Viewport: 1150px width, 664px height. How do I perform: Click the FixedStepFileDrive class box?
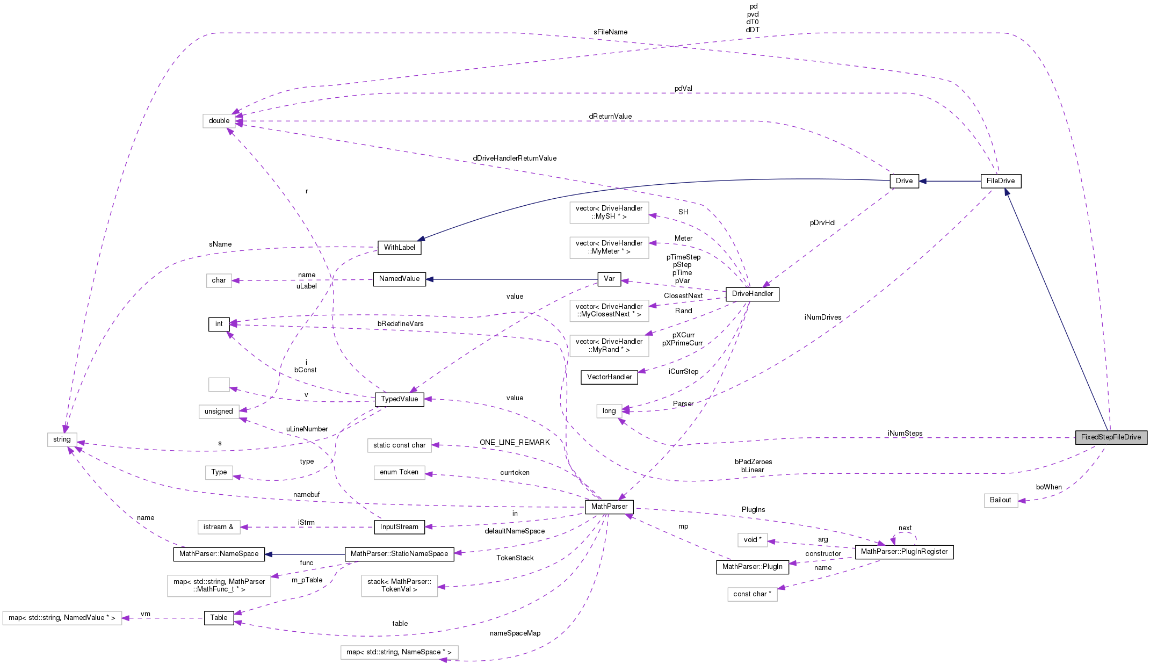pyautogui.click(x=1111, y=437)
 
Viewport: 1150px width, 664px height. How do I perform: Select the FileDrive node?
pyautogui.click(x=1000, y=181)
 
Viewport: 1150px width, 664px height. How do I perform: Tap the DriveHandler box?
pyautogui.click(x=752, y=294)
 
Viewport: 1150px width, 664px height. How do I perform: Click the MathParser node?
pyautogui.click(x=609, y=507)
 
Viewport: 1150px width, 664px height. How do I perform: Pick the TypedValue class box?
pyautogui.click(x=399, y=399)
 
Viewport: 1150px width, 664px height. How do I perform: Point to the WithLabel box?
pyautogui.click(x=399, y=248)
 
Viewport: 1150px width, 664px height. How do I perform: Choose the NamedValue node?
pyautogui.click(x=399, y=279)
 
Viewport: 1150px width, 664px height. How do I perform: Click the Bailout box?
pyautogui.click(x=1000, y=500)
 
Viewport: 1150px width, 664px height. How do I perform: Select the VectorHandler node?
pyautogui.click(x=609, y=377)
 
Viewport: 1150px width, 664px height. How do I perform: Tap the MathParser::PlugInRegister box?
pyautogui.click(x=904, y=552)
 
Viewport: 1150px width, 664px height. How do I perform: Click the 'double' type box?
pyautogui.click(x=219, y=121)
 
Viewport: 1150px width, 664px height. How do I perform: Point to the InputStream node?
pyautogui.click(x=399, y=527)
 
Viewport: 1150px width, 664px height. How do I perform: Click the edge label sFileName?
pyautogui.click(x=610, y=32)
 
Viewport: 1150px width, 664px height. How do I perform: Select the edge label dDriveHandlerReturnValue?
pyautogui.click(x=514, y=158)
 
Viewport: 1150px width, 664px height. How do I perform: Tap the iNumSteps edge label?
pyautogui.click(x=905, y=434)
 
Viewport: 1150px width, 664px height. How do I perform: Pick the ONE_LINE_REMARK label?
pyautogui.click(x=515, y=443)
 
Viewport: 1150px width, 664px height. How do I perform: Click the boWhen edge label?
pyautogui.click(x=1048, y=487)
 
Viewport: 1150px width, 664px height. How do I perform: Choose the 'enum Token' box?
pyautogui.click(x=399, y=472)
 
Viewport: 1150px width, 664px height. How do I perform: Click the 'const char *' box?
pyautogui.click(x=752, y=594)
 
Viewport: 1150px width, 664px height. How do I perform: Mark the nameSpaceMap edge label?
pyautogui.click(x=515, y=633)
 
